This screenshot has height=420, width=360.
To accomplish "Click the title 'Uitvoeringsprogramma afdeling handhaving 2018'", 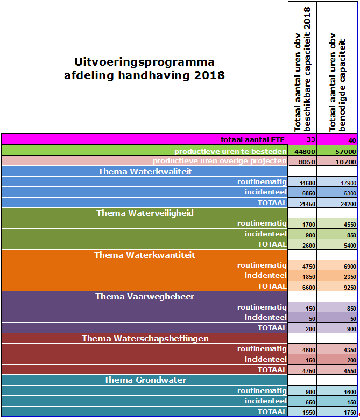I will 144,68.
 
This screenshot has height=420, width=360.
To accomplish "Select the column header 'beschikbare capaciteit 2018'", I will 302,69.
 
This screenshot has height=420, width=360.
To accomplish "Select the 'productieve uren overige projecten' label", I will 219,161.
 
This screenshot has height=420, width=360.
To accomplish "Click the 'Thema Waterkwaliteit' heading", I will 145,171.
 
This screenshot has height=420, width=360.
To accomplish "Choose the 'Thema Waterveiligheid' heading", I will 145,213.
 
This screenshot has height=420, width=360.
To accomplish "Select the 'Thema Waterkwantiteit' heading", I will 145,255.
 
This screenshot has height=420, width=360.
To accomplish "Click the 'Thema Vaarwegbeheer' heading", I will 145,297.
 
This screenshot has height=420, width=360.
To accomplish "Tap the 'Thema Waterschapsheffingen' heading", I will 145,339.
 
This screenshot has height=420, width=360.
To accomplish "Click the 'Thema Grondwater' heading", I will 145,380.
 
